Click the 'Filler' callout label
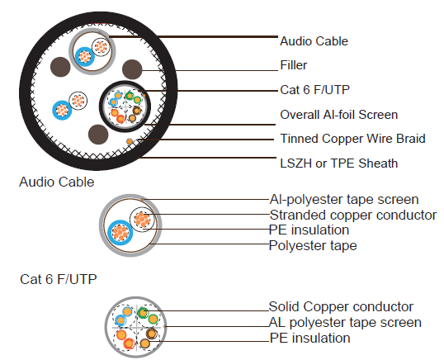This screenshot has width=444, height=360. pyautogui.click(x=294, y=64)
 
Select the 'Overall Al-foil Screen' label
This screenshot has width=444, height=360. pyautogui.click(x=339, y=115)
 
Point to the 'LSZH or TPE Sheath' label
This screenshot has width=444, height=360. pyautogui.click(x=338, y=163)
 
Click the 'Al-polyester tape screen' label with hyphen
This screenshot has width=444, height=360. pyautogui.click(x=343, y=200)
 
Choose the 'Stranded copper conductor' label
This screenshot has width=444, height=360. pyautogui.click(x=352, y=216)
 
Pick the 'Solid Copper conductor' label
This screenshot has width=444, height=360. pyautogui.click(x=341, y=307)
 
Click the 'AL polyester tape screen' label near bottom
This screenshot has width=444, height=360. pyautogui.click(x=345, y=323)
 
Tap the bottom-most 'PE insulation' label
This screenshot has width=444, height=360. pyautogui.click(x=309, y=339)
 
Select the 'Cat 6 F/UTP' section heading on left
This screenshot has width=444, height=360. pyautogui.click(x=58, y=280)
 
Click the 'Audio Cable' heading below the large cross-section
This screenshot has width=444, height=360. pyautogui.click(x=56, y=182)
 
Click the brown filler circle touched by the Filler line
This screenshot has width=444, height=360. pyautogui.click(x=132, y=69)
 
